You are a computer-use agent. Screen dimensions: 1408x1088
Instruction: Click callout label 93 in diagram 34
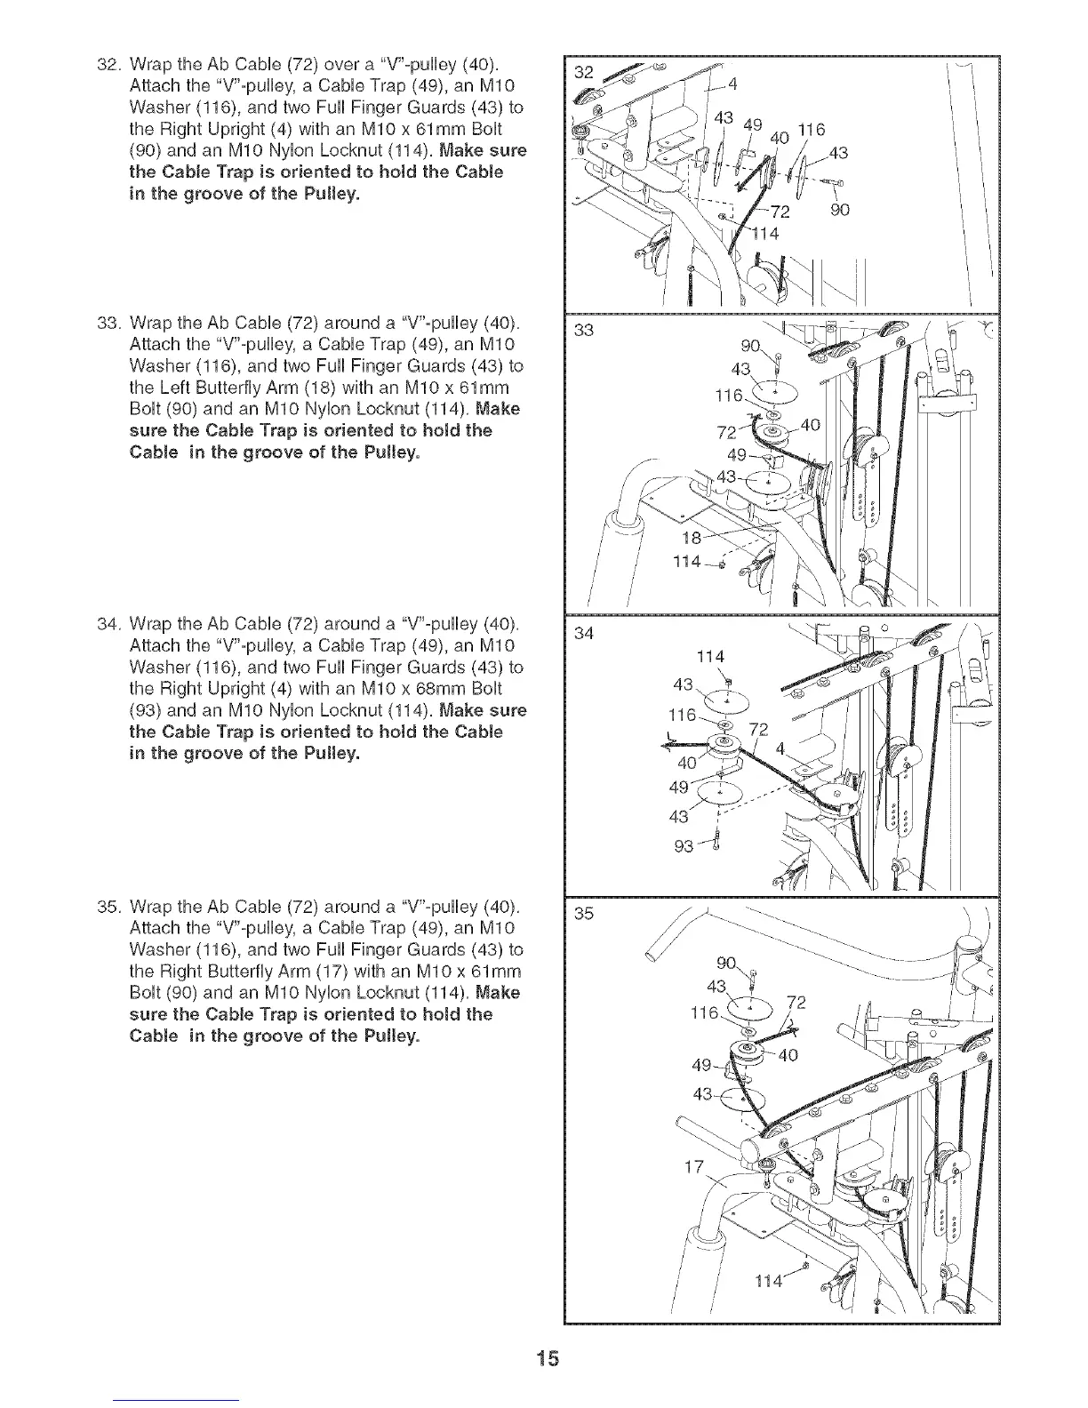point(684,846)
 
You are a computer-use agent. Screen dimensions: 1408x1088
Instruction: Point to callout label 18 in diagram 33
point(690,537)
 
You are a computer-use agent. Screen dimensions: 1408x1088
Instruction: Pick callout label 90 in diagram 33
point(751,347)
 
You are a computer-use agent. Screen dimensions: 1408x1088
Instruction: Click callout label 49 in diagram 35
point(702,1065)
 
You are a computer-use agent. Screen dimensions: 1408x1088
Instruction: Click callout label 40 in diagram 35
point(788,1056)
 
